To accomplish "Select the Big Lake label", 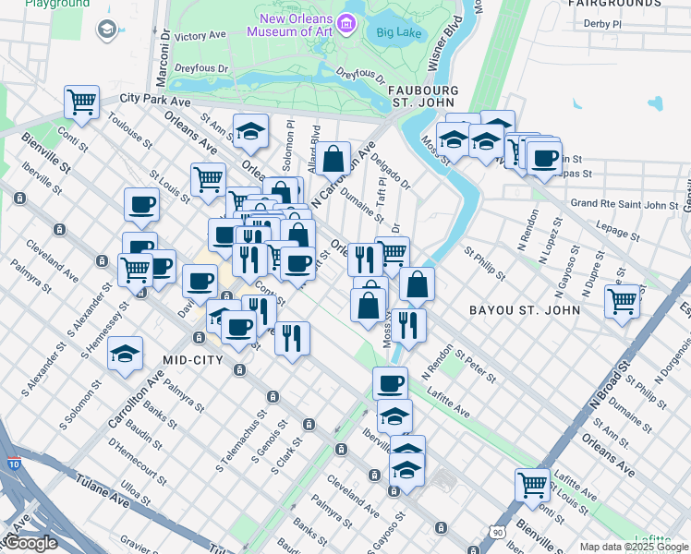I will click(399, 32).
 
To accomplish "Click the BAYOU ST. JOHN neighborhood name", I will click(525, 310).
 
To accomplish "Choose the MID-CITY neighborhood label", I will click(193, 359).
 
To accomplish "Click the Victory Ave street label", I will click(200, 36).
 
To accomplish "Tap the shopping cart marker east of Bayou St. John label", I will click(623, 300).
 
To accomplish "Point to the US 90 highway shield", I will click(498, 533).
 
